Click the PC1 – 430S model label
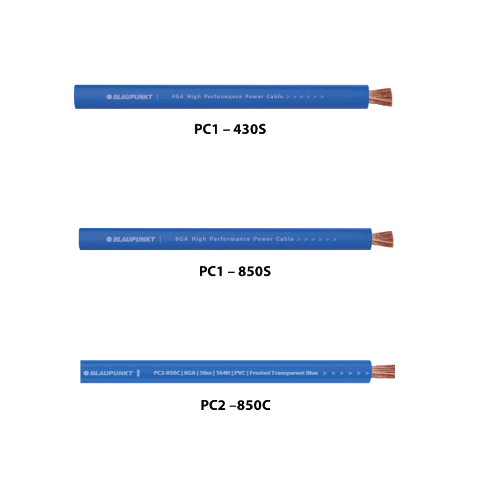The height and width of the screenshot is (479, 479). (x=230, y=129)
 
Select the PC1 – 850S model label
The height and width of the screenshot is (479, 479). (x=235, y=271)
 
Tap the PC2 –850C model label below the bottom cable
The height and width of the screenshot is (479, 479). (x=236, y=405)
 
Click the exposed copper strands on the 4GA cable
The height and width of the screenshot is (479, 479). (x=380, y=97)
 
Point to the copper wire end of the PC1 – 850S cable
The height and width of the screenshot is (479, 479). (x=383, y=239)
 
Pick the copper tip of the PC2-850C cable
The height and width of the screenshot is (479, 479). (x=383, y=371)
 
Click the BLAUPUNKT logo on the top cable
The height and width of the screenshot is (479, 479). (x=130, y=97)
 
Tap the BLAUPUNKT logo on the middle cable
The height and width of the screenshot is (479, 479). (x=131, y=239)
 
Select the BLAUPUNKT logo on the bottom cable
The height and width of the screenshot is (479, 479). (x=108, y=373)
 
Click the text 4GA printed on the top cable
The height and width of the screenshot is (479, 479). (x=177, y=96)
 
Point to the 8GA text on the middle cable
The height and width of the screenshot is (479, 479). (x=181, y=239)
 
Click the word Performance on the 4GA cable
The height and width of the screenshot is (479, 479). (x=223, y=96)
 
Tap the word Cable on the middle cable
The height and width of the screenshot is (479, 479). (x=285, y=239)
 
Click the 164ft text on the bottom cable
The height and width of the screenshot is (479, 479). (x=223, y=373)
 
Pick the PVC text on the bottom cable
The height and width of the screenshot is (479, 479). (x=240, y=373)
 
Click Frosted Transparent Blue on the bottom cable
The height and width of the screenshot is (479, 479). (x=284, y=373)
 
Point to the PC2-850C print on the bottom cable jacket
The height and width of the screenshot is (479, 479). (x=167, y=373)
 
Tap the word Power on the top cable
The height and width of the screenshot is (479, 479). (x=254, y=96)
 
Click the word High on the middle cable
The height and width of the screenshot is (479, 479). (x=199, y=239)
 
